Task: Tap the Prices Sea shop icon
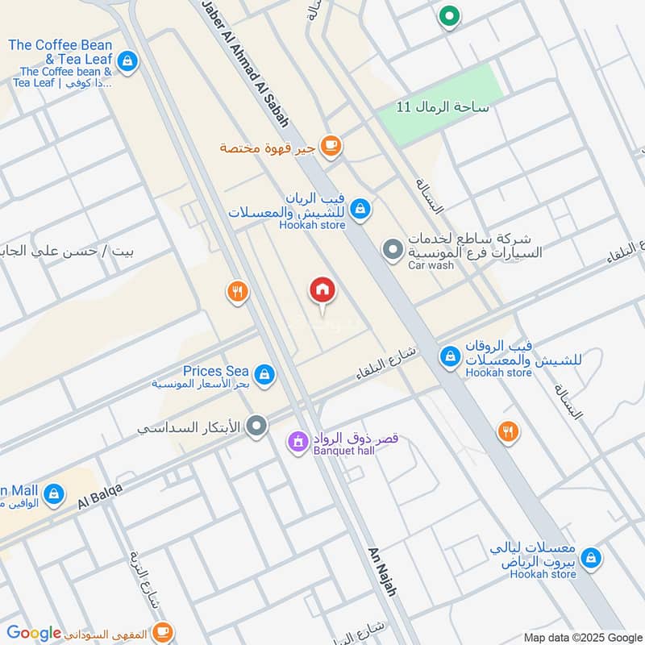pyautogui.click(x=263, y=374)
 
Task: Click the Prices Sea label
pyautogui.click(x=215, y=370)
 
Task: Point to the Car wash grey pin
pyautogui.click(x=393, y=250)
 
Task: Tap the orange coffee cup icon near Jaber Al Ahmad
pyautogui.click(x=330, y=146)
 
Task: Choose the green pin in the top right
pyautogui.click(x=447, y=15)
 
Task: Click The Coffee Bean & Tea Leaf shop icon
pyautogui.click(x=127, y=60)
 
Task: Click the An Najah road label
pyautogui.click(x=383, y=571)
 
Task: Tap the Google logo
pyautogui.click(x=34, y=634)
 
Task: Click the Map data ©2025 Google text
pyautogui.click(x=583, y=637)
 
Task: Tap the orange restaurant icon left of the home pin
pyautogui.click(x=237, y=293)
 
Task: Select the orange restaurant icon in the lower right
pyautogui.click(x=507, y=431)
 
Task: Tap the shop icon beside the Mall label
pyautogui.click(x=53, y=493)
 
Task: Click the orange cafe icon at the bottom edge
pyautogui.click(x=162, y=631)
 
